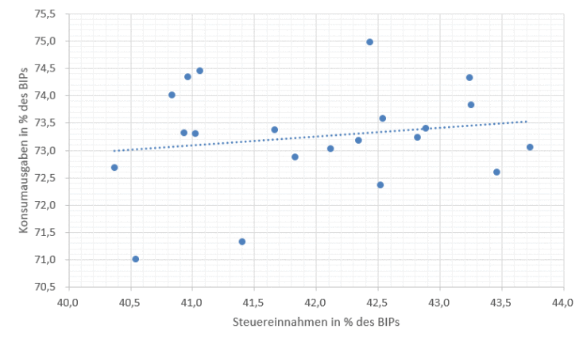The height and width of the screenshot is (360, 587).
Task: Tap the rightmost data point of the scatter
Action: coord(530,147)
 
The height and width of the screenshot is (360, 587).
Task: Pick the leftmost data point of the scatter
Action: coord(114,168)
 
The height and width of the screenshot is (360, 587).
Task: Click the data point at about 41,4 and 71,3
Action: coord(242,242)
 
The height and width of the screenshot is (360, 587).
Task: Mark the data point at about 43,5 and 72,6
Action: coord(497,172)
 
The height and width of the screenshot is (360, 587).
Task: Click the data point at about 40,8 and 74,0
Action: coord(172,95)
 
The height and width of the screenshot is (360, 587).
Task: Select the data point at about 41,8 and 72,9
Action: coord(295,157)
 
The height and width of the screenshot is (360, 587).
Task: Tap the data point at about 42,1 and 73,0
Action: coord(330,149)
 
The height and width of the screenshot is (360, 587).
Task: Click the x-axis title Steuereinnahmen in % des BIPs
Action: coord(316,323)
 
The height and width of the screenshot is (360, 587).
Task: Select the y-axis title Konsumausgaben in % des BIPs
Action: coord(23,151)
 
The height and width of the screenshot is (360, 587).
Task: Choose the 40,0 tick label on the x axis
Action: coord(68,303)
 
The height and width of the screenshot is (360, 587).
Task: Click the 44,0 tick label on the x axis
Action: coord(563,303)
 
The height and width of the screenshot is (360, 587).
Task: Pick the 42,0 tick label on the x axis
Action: coord(316,303)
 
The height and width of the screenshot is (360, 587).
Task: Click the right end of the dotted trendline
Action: coord(527,122)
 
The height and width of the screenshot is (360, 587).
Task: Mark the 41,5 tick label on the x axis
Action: coord(254,303)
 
